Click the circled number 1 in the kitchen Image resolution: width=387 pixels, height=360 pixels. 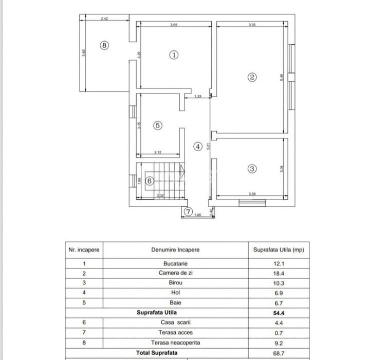[174, 55]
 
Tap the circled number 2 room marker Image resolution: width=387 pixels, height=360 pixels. [252, 78]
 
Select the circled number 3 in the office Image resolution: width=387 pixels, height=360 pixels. [252, 168]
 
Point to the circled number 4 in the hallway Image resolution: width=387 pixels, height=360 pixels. [197, 146]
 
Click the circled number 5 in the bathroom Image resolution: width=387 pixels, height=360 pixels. [158, 125]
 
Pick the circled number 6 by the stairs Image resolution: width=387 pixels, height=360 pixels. [149, 181]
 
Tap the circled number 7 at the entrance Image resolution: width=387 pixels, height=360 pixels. [188, 211]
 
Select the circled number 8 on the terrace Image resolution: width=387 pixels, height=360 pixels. [104, 45]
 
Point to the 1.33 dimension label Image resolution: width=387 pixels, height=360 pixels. [197, 96]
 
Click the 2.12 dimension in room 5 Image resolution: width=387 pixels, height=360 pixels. [158, 152]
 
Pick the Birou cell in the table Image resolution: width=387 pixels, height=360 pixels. [175, 282]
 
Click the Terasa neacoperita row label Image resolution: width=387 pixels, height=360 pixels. [175, 341]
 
